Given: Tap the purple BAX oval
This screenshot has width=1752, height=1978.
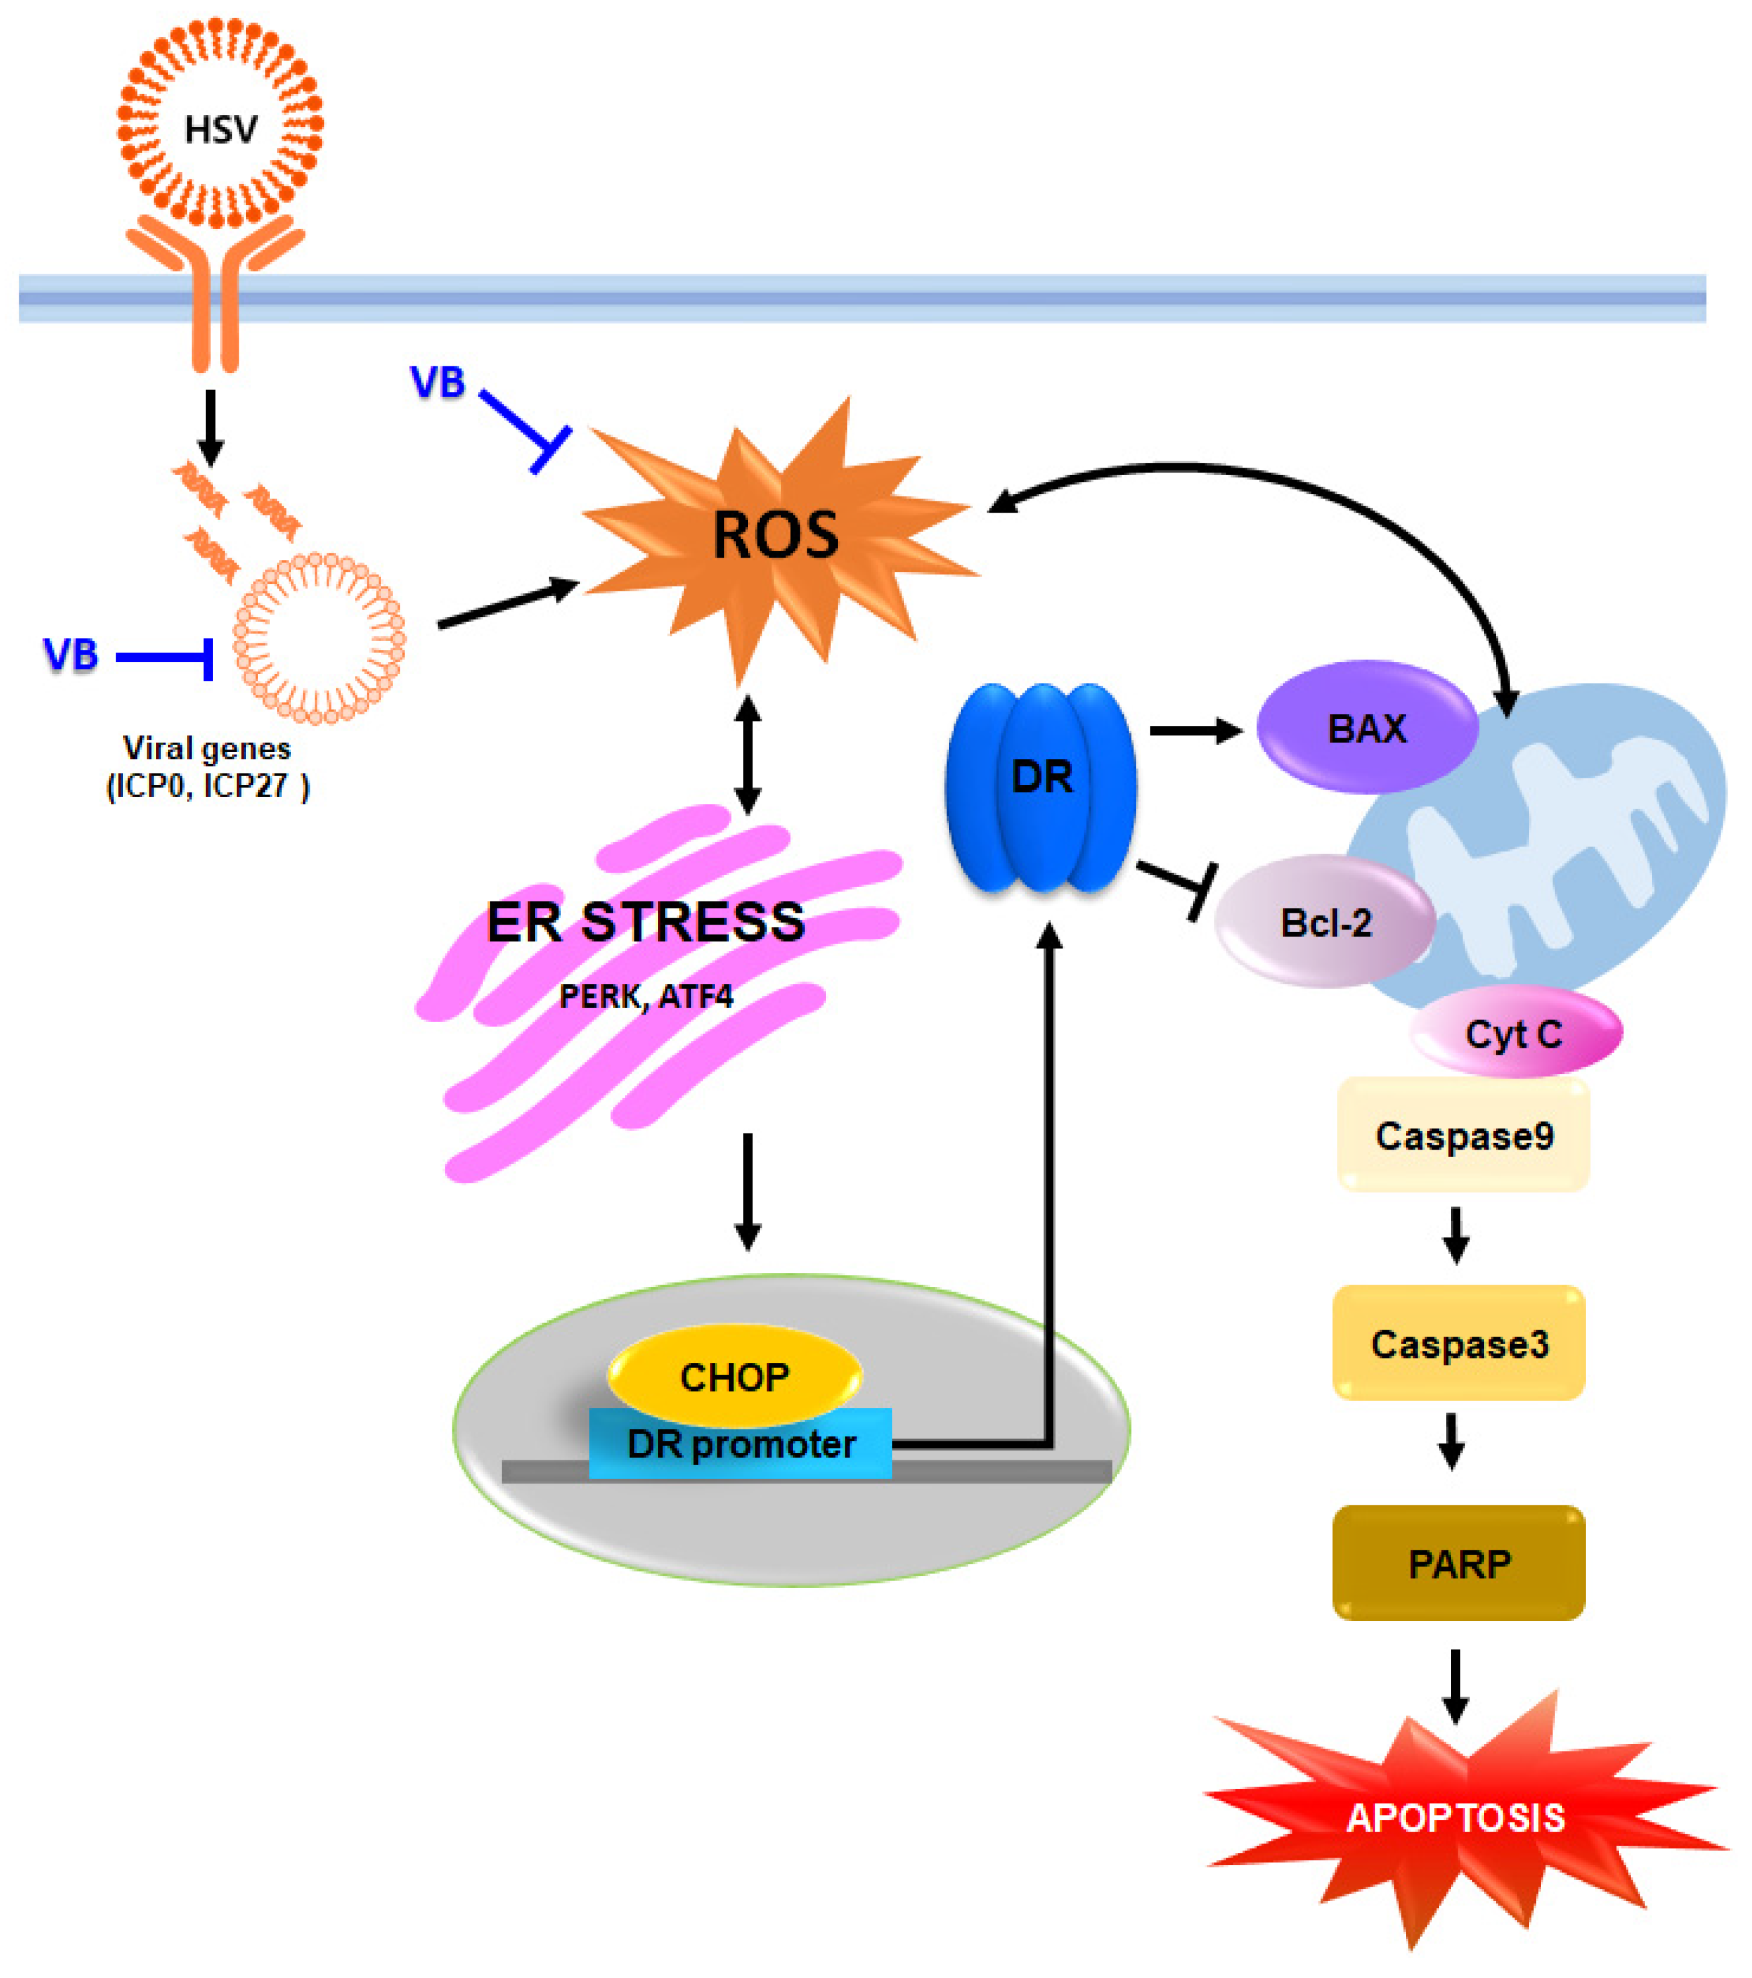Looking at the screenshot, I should [1366, 728].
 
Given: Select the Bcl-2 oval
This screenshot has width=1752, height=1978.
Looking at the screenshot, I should [1325, 922].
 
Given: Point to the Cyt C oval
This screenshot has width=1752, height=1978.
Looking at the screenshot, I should [1514, 1033].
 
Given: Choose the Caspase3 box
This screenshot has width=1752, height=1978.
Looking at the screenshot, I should [1459, 1343].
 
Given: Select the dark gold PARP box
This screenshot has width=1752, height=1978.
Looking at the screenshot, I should [1459, 1563].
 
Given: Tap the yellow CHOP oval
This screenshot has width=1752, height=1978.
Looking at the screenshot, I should [734, 1376].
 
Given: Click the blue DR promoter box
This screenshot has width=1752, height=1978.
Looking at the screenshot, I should [741, 1445].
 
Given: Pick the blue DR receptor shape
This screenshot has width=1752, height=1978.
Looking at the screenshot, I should [1041, 786].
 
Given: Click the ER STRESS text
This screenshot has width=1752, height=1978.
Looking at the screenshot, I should [645, 921].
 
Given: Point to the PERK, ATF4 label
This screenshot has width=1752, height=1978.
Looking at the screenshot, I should [645, 996].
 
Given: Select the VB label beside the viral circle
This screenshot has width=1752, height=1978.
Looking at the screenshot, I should [71, 655].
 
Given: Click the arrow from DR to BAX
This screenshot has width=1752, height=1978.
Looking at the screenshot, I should [1195, 731].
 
